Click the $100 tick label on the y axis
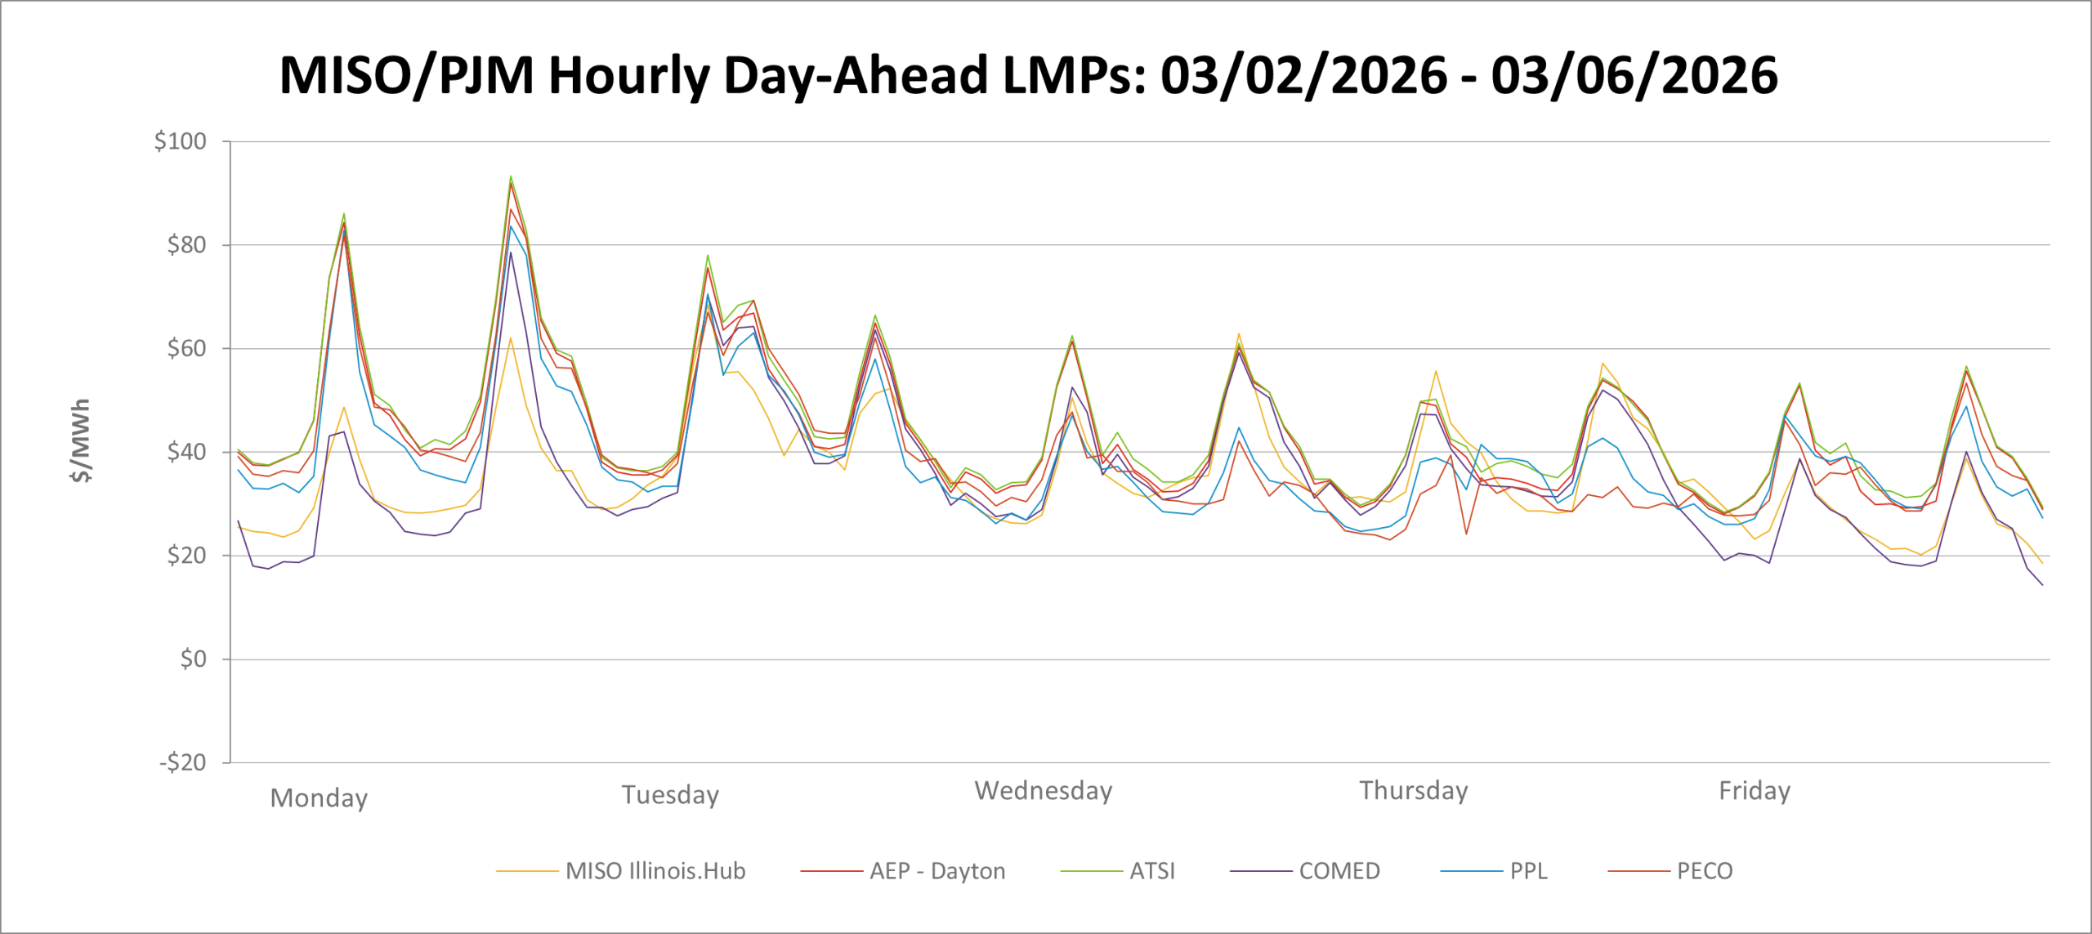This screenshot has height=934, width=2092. point(181,141)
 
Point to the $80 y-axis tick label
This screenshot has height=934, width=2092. point(186,245)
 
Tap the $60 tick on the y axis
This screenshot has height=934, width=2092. point(186,349)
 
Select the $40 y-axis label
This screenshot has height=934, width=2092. point(186,452)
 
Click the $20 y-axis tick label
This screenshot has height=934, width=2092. point(186,556)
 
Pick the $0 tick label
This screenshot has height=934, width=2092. point(193,659)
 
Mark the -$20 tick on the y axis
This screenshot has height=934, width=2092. point(182,762)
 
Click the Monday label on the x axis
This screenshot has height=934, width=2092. point(319,798)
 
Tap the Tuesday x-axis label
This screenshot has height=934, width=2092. point(670,794)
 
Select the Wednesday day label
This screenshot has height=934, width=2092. point(1044,790)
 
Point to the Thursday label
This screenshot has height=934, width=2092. point(1414,790)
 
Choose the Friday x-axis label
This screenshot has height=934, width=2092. point(1755,790)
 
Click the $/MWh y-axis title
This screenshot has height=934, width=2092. point(81,440)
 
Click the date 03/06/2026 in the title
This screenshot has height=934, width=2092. point(1634,75)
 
